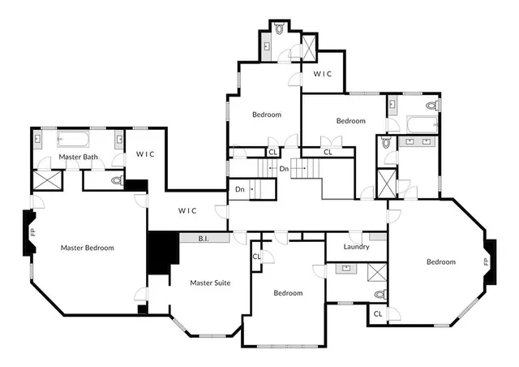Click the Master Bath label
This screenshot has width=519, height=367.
click(x=79, y=157)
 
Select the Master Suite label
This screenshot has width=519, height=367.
click(x=210, y=283)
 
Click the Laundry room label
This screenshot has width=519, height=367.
click(x=356, y=247)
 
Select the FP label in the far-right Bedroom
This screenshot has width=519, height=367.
click(x=486, y=261)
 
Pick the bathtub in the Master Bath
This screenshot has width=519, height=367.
click(x=76, y=140)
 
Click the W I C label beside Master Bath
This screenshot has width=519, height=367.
click(x=145, y=154)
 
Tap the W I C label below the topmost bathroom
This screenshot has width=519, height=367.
click(x=323, y=74)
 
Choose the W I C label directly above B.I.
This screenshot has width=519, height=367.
click(x=187, y=210)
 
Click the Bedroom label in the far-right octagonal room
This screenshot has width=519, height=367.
click(x=441, y=261)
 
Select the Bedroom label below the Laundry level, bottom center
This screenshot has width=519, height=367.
click(x=288, y=293)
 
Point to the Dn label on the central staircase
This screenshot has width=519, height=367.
click(x=284, y=169)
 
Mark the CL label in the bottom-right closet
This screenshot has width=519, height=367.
click(x=378, y=313)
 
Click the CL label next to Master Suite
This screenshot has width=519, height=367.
click(x=256, y=257)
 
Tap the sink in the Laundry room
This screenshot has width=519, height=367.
click(x=346, y=267)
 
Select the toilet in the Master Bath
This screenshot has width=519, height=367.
click(x=116, y=180)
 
